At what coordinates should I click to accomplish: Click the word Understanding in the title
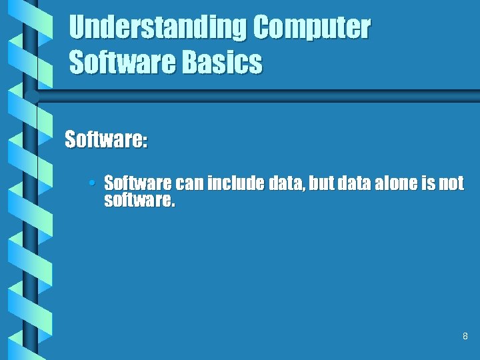tap(157, 29)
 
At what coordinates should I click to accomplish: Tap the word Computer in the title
tap(311, 29)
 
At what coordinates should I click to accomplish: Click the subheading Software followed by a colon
tap(106, 141)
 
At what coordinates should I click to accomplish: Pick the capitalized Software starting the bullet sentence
tap(138, 183)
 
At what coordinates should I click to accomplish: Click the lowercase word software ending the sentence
tap(139, 201)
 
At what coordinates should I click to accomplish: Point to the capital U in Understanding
tap(77, 29)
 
